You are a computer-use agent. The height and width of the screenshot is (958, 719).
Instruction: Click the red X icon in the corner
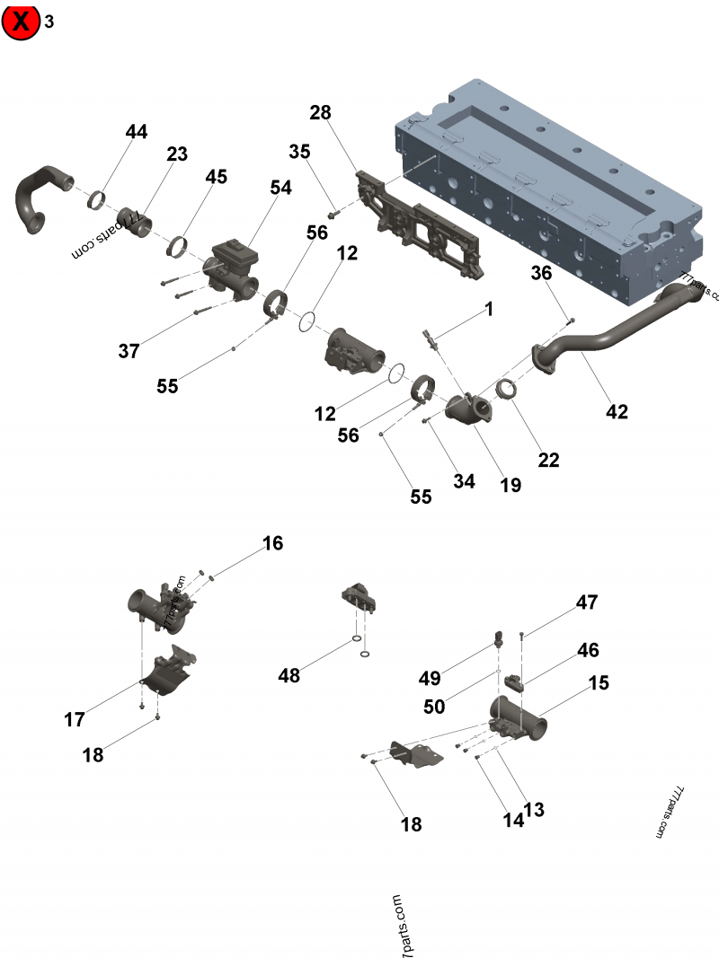pos(22,22)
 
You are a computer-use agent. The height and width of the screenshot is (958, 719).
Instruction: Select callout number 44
pos(136,132)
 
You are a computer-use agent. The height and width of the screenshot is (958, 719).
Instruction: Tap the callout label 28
pos(320,112)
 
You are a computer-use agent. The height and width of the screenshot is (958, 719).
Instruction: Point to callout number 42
pos(617,412)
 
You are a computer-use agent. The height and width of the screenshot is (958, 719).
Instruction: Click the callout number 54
pos(281,187)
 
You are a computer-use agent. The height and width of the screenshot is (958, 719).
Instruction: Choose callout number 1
pos(489,309)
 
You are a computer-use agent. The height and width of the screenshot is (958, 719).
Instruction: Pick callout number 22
pos(548,460)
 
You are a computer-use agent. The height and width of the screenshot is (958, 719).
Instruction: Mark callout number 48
pos(288,675)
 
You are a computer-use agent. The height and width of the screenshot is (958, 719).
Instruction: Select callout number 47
pos(587,602)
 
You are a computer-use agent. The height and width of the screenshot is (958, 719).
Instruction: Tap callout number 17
pos(74,719)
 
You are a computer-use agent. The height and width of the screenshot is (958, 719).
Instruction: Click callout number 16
pos(272,543)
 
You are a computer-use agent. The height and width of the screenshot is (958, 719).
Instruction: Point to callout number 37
pos(129,351)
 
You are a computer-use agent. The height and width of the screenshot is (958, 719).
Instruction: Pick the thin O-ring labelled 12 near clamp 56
pos(306,321)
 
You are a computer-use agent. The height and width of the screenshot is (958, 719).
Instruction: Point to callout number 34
pos(464,481)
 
